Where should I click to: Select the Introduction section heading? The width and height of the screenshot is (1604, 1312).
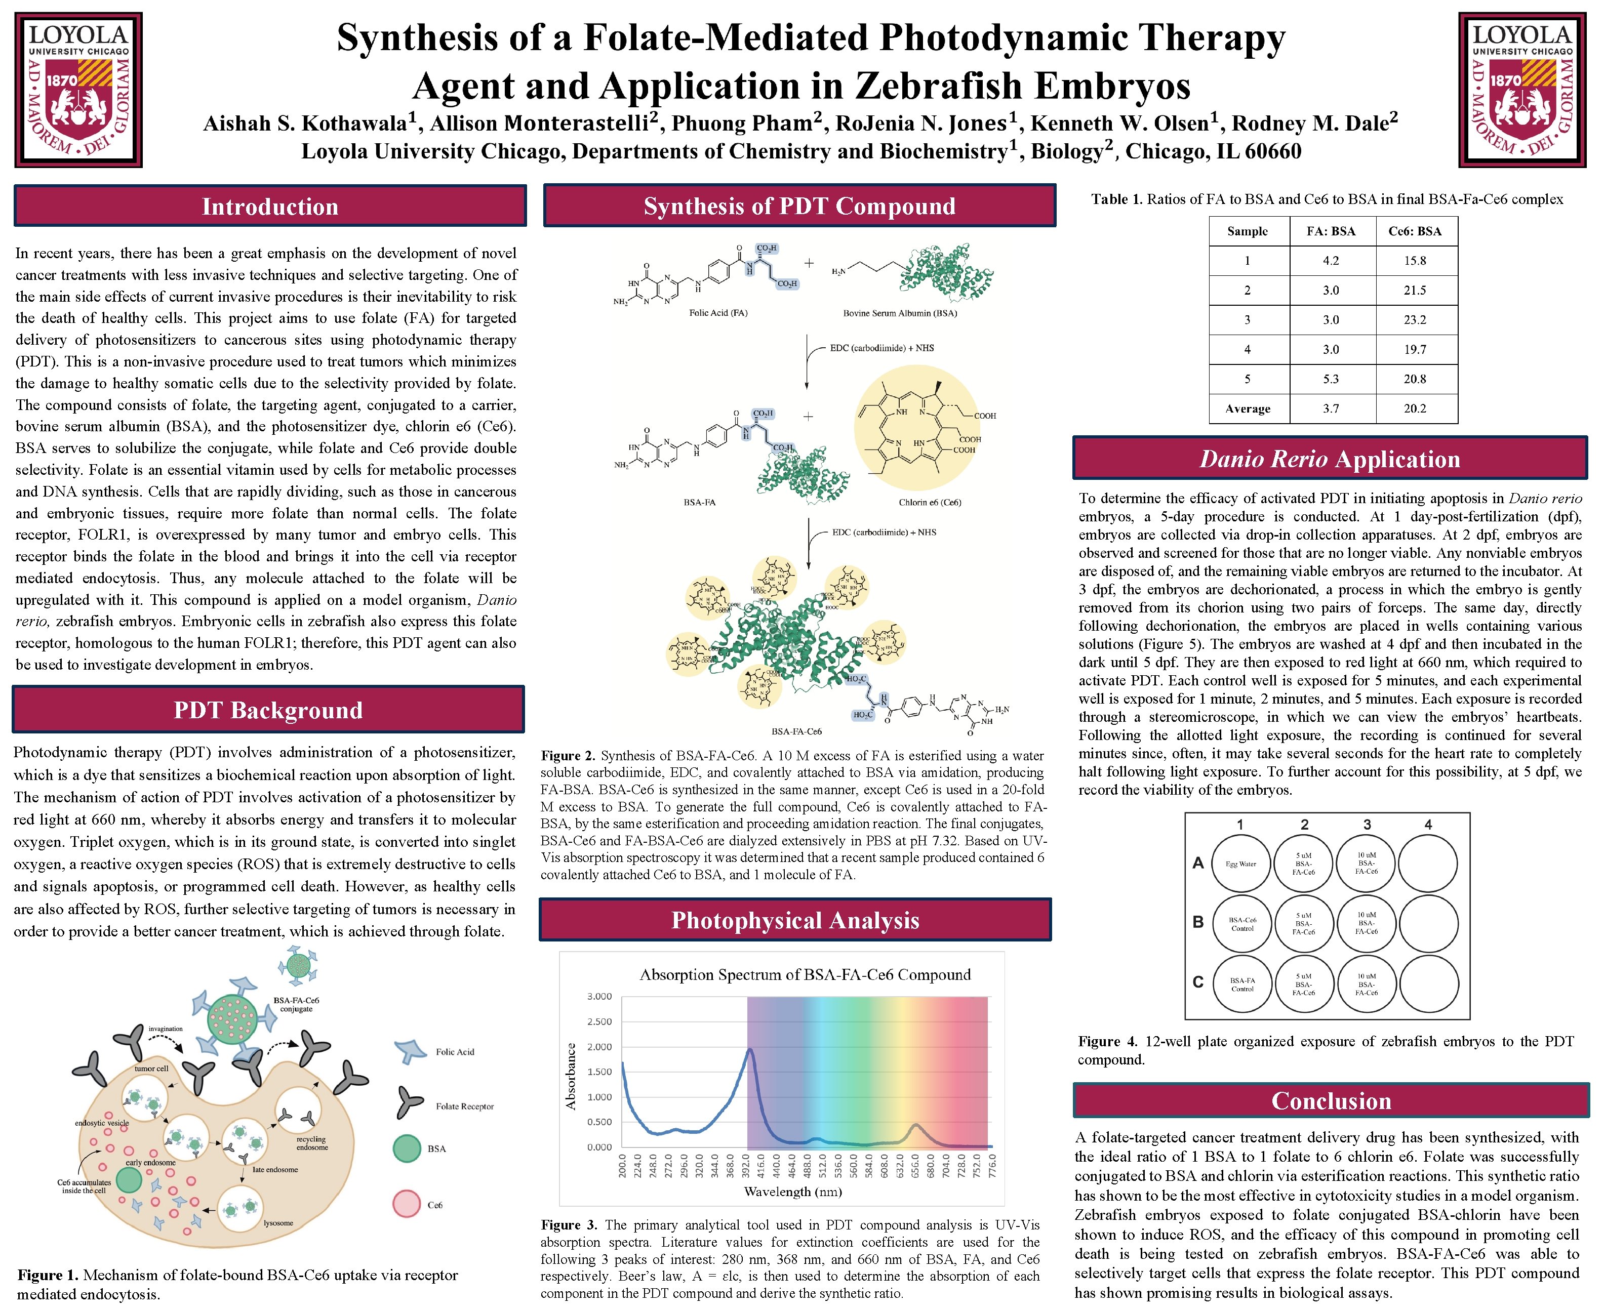pos(270,207)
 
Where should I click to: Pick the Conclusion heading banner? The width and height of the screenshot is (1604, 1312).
pos(1331,1100)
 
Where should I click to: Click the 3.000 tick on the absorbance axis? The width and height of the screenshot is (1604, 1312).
pos(599,996)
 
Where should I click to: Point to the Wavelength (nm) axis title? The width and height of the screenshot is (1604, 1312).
pos(792,1192)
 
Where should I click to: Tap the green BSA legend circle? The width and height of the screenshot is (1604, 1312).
pos(407,1149)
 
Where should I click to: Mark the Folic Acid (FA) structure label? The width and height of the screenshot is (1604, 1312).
pos(718,313)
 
